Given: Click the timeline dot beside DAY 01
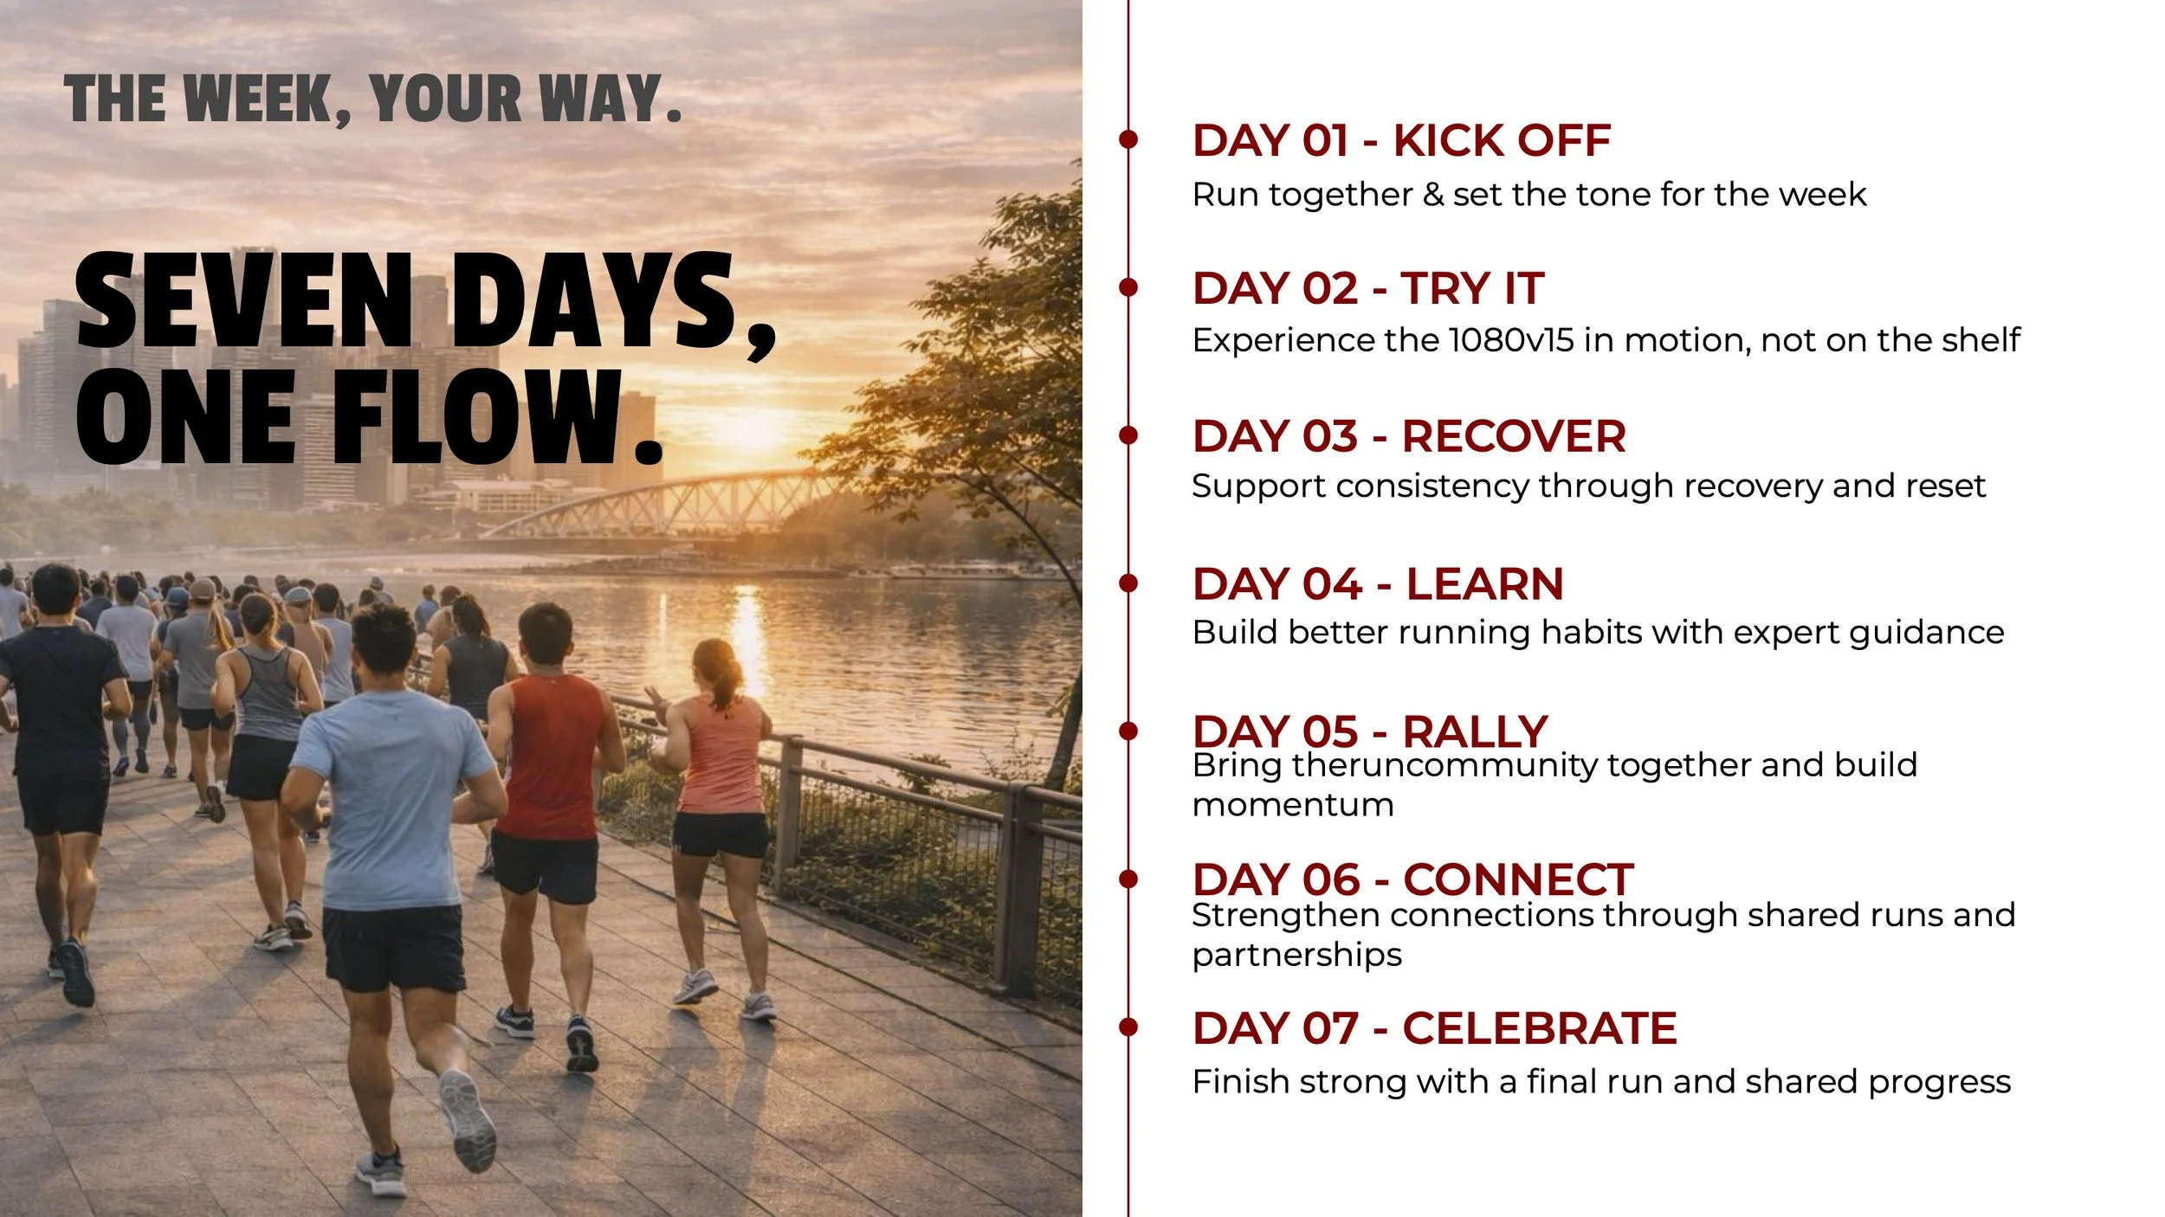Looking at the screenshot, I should [x=1128, y=138].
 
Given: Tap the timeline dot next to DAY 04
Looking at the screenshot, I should [x=1128, y=583].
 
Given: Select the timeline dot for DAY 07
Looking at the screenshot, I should [x=1128, y=1027].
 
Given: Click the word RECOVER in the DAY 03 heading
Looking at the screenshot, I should [x=1514, y=436].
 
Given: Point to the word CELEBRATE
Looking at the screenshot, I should [x=1540, y=1028].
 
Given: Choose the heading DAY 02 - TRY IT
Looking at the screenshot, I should [x=1368, y=288].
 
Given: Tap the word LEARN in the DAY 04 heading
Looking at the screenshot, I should [x=1484, y=584].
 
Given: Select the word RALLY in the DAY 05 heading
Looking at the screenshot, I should [x=1475, y=732].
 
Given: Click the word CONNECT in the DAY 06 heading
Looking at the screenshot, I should [x=1518, y=880].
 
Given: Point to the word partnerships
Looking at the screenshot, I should [x=1296, y=956].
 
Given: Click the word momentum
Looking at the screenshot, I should [x=1293, y=806].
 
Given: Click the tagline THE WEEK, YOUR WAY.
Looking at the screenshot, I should [x=372, y=99].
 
